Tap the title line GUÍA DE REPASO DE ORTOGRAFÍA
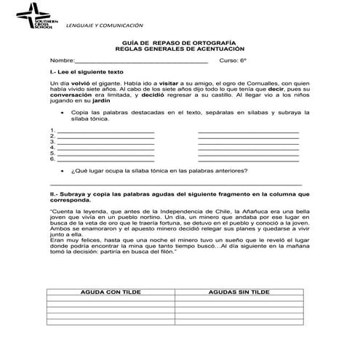point(180,43)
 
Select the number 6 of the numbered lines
point(52,159)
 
